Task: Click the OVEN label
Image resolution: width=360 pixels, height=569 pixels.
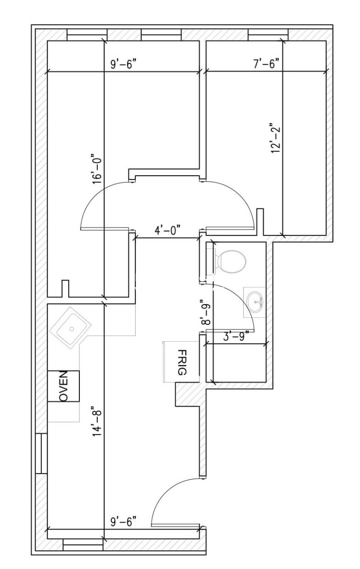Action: click(x=64, y=386)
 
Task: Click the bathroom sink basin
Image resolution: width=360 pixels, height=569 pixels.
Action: click(x=255, y=301)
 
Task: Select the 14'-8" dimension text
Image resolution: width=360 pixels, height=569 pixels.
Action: click(x=97, y=421)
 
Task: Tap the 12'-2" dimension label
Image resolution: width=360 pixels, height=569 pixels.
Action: click(x=275, y=138)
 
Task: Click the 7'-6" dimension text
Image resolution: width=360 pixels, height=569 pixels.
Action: click(x=266, y=64)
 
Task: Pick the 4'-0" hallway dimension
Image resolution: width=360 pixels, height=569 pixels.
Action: click(x=166, y=231)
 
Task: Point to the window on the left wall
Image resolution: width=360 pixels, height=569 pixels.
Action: click(x=42, y=453)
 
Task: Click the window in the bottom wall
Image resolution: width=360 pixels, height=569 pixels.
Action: click(x=83, y=545)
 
